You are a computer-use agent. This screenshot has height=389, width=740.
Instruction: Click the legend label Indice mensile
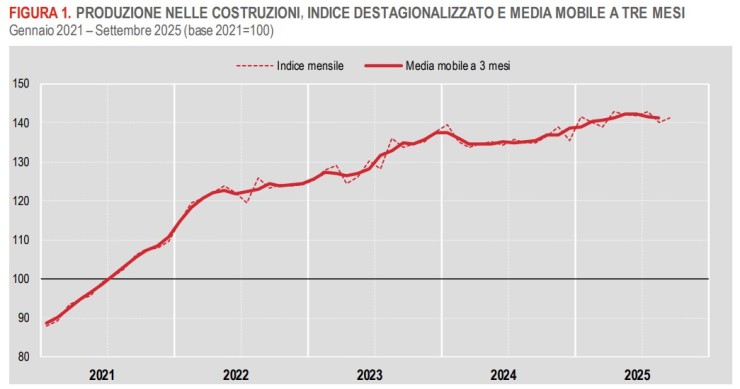(x=311, y=66)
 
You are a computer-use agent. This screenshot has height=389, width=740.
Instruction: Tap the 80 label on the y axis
(x=21, y=357)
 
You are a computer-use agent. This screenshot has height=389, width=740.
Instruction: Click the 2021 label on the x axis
(x=102, y=375)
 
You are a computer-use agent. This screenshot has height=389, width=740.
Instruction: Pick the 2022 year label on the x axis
(x=236, y=375)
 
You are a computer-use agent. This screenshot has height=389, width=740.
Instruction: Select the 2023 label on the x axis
(x=370, y=375)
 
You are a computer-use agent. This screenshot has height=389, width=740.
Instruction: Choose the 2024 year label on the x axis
(x=504, y=375)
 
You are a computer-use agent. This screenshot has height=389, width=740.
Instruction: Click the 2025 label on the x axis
(x=637, y=375)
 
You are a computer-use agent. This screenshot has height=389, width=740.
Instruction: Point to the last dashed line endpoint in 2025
(x=670, y=118)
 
